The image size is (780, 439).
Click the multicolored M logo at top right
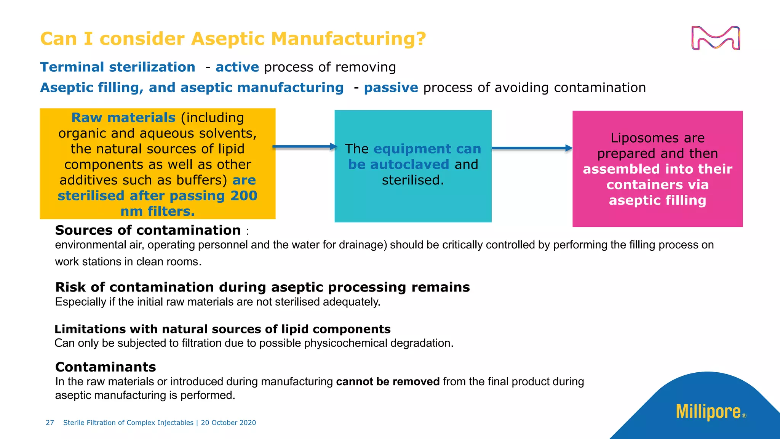tap(715, 38)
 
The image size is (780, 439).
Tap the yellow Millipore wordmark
tap(708, 412)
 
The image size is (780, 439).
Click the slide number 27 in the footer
tap(50, 423)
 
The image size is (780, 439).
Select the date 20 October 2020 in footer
tap(229, 423)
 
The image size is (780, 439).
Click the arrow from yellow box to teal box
tap(305, 147)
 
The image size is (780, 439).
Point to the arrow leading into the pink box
tap(532, 148)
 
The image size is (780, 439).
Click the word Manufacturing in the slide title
tap(348, 39)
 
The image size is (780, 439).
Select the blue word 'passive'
tap(391, 88)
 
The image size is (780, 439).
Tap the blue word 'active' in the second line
tap(237, 67)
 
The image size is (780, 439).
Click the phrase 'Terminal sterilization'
tap(118, 67)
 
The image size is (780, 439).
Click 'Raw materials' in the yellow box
tap(123, 118)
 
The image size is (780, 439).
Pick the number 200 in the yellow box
tap(244, 196)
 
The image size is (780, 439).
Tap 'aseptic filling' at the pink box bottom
tap(657, 200)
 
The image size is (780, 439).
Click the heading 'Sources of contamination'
tap(148, 230)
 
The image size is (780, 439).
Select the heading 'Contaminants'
tap(105, 367)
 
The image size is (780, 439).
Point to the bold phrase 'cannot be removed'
tap(388, 381)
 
